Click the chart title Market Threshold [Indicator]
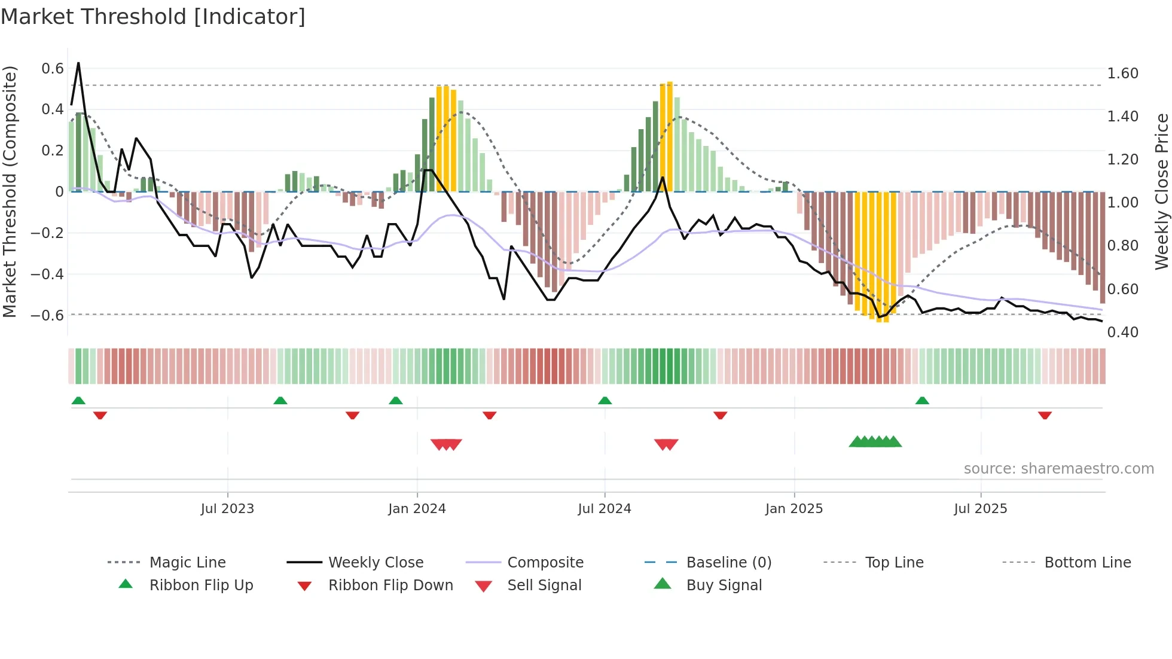153,17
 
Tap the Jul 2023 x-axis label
227,509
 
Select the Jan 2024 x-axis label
417,509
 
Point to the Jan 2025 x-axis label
794,509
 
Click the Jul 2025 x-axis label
981,509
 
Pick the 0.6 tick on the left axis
53,69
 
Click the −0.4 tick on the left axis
47,274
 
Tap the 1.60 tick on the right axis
1122,74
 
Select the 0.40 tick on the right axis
1122,332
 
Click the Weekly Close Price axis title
1162,191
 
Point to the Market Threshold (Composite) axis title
10,191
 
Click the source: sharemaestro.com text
1058,469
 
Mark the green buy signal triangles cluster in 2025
875,442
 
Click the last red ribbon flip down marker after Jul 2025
1045,415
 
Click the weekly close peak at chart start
78,63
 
